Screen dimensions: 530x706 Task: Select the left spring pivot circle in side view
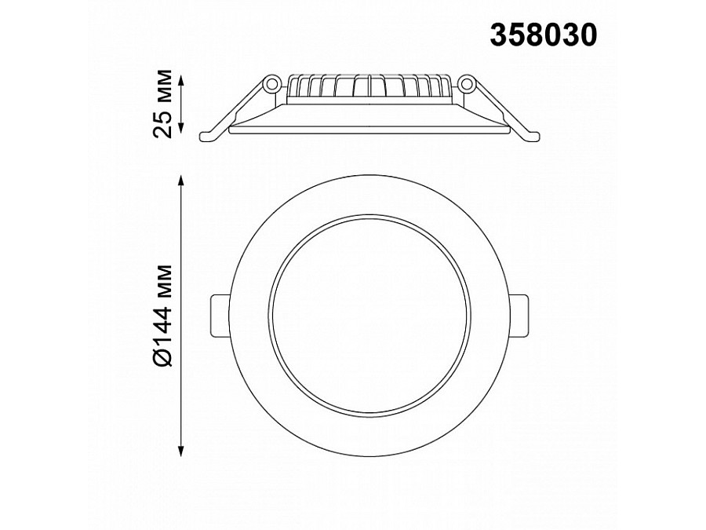tap(271, 82)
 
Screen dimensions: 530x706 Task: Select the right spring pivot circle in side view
tap(467, 82)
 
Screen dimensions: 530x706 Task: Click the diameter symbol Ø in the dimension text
tap(162, 358)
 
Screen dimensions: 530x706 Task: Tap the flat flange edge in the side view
tap(369, 129)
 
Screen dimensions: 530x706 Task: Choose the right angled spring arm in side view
tap(497, 110)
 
